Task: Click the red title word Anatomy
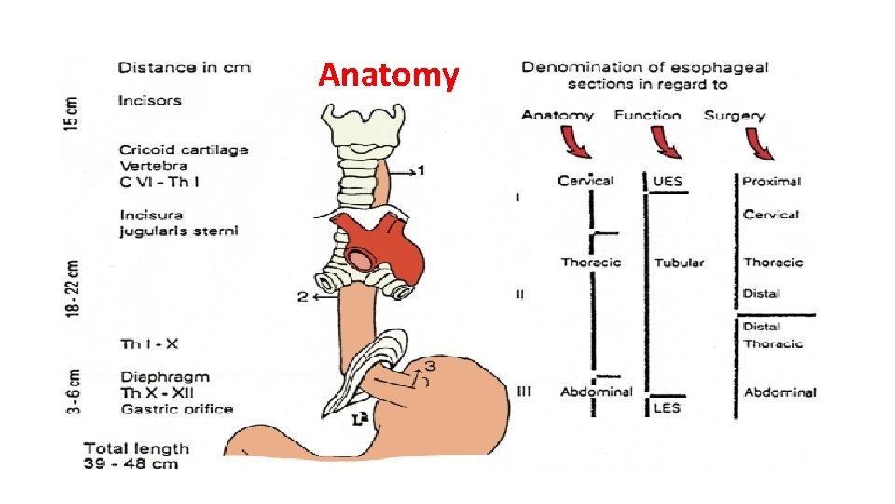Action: (389, 76)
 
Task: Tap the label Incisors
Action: (150, 100)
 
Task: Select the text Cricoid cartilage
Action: (184, 149)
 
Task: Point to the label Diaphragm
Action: (165, 377)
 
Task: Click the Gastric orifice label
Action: (177, 409)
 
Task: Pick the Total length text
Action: (137, 448)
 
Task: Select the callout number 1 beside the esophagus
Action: (420, 171)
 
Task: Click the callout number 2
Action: (302, 297)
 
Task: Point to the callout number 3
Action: (431, 364)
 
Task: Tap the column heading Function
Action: (647, 116)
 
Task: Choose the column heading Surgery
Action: (735, 116)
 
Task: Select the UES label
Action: (668, 181)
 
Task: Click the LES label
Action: (667, 408)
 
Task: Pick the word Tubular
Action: (679, 263)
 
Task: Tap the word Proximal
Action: (772, 181)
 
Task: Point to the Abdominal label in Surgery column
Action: (780, 393)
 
